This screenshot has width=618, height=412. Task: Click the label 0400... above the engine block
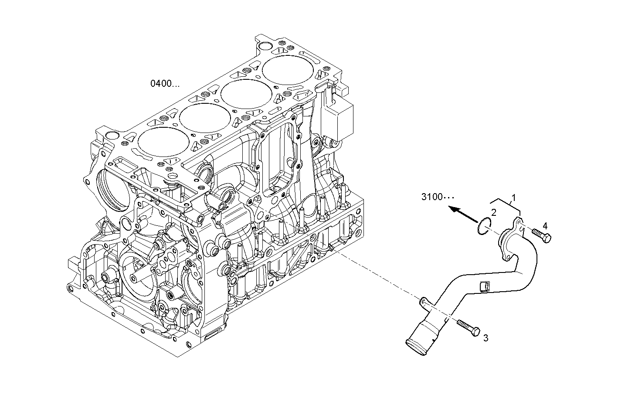pyautogui.click(x=165, y=83)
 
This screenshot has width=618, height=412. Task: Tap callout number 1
pyautogui.click(x=513, y=197)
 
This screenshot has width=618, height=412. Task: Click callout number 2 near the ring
pyautogui.click(x=494, y=212)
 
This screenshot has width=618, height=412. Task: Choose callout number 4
pyautogui.click(x=544, y=225)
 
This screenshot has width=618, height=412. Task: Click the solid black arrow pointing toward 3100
pyautogui.click(x=463, y=213)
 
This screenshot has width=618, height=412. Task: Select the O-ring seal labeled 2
pyautogui.click(x=483, y=227)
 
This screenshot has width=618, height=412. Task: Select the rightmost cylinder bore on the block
pyautogui.click(x=288, y=71)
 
